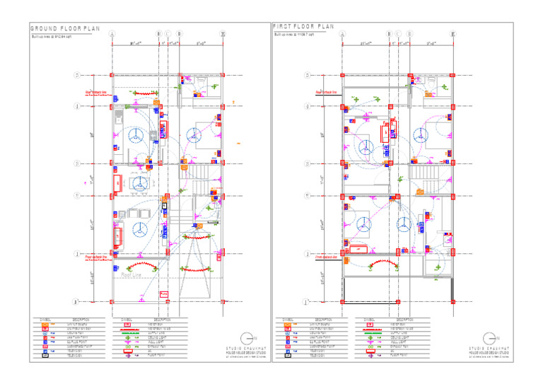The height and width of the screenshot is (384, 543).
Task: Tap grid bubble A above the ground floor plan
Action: pyautogui.click(x=111, y=34)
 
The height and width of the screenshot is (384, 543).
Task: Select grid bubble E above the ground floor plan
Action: pyautogui.click(x=223, y=34)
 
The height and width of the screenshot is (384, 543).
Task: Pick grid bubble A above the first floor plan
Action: pyautogui.click(x=343, y=34)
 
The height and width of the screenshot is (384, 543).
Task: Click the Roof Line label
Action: pyautogui.click(x=132, y=274)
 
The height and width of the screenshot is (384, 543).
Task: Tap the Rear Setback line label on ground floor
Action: pyautogui.click(x=96, y=93)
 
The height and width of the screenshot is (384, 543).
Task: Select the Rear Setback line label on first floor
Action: pyautogui.click(x=326, y=93)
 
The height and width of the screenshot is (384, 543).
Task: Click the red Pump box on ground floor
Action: pyautogui.click(x=164, y=293)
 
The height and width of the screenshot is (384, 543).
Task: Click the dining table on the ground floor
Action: pyautogui.click(x=140, y=182)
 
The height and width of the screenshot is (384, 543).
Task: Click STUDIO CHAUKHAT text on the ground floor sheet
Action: pyautogui.click(x=243, y=349)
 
